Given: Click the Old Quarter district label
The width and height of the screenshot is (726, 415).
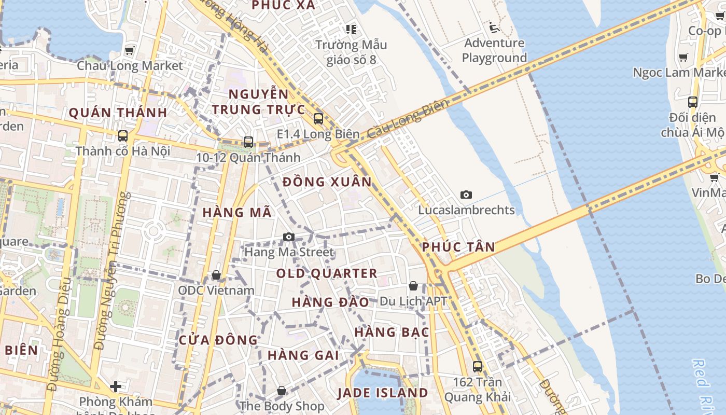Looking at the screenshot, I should (326, 273).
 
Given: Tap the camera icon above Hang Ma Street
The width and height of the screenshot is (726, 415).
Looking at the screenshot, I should (289, 237).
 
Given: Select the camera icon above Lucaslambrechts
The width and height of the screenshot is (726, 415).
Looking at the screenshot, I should (466, 195).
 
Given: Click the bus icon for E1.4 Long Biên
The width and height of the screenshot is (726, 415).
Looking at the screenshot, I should (318, 119).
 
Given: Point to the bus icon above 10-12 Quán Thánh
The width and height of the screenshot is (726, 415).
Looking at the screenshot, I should (248, 142).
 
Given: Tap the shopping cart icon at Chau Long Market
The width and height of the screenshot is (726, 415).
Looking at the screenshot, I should (130, 51).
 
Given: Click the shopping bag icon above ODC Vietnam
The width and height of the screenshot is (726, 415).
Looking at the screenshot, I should (216, 274).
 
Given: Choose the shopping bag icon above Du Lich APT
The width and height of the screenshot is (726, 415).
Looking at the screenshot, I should (413, 286).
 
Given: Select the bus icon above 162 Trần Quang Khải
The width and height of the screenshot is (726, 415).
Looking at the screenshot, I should (478, 366).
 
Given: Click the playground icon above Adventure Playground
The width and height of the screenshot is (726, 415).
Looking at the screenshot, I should (494, 27).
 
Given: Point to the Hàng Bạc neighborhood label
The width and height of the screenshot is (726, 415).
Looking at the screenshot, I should (392, 332).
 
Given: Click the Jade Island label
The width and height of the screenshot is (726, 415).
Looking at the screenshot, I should (383, 393).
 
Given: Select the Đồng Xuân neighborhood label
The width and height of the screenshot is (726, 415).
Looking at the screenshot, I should (327, 182).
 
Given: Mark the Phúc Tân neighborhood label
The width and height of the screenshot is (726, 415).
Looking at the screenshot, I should (458, 247).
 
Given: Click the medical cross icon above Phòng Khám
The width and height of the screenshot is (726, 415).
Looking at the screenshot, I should (116, 386).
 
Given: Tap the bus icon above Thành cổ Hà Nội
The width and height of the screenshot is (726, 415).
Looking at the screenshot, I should (123, 136).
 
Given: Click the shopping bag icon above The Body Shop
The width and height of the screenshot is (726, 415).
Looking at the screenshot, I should (282, 391).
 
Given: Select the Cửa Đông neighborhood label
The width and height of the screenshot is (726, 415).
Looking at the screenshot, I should (218, 340).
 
